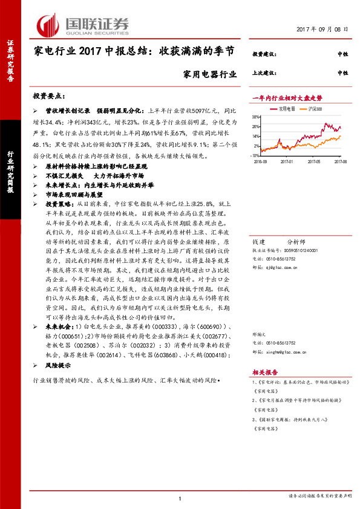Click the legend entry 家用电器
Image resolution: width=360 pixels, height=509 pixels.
286,109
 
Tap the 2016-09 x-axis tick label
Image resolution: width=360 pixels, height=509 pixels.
261,161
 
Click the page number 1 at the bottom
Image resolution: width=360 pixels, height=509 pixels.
180,498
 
